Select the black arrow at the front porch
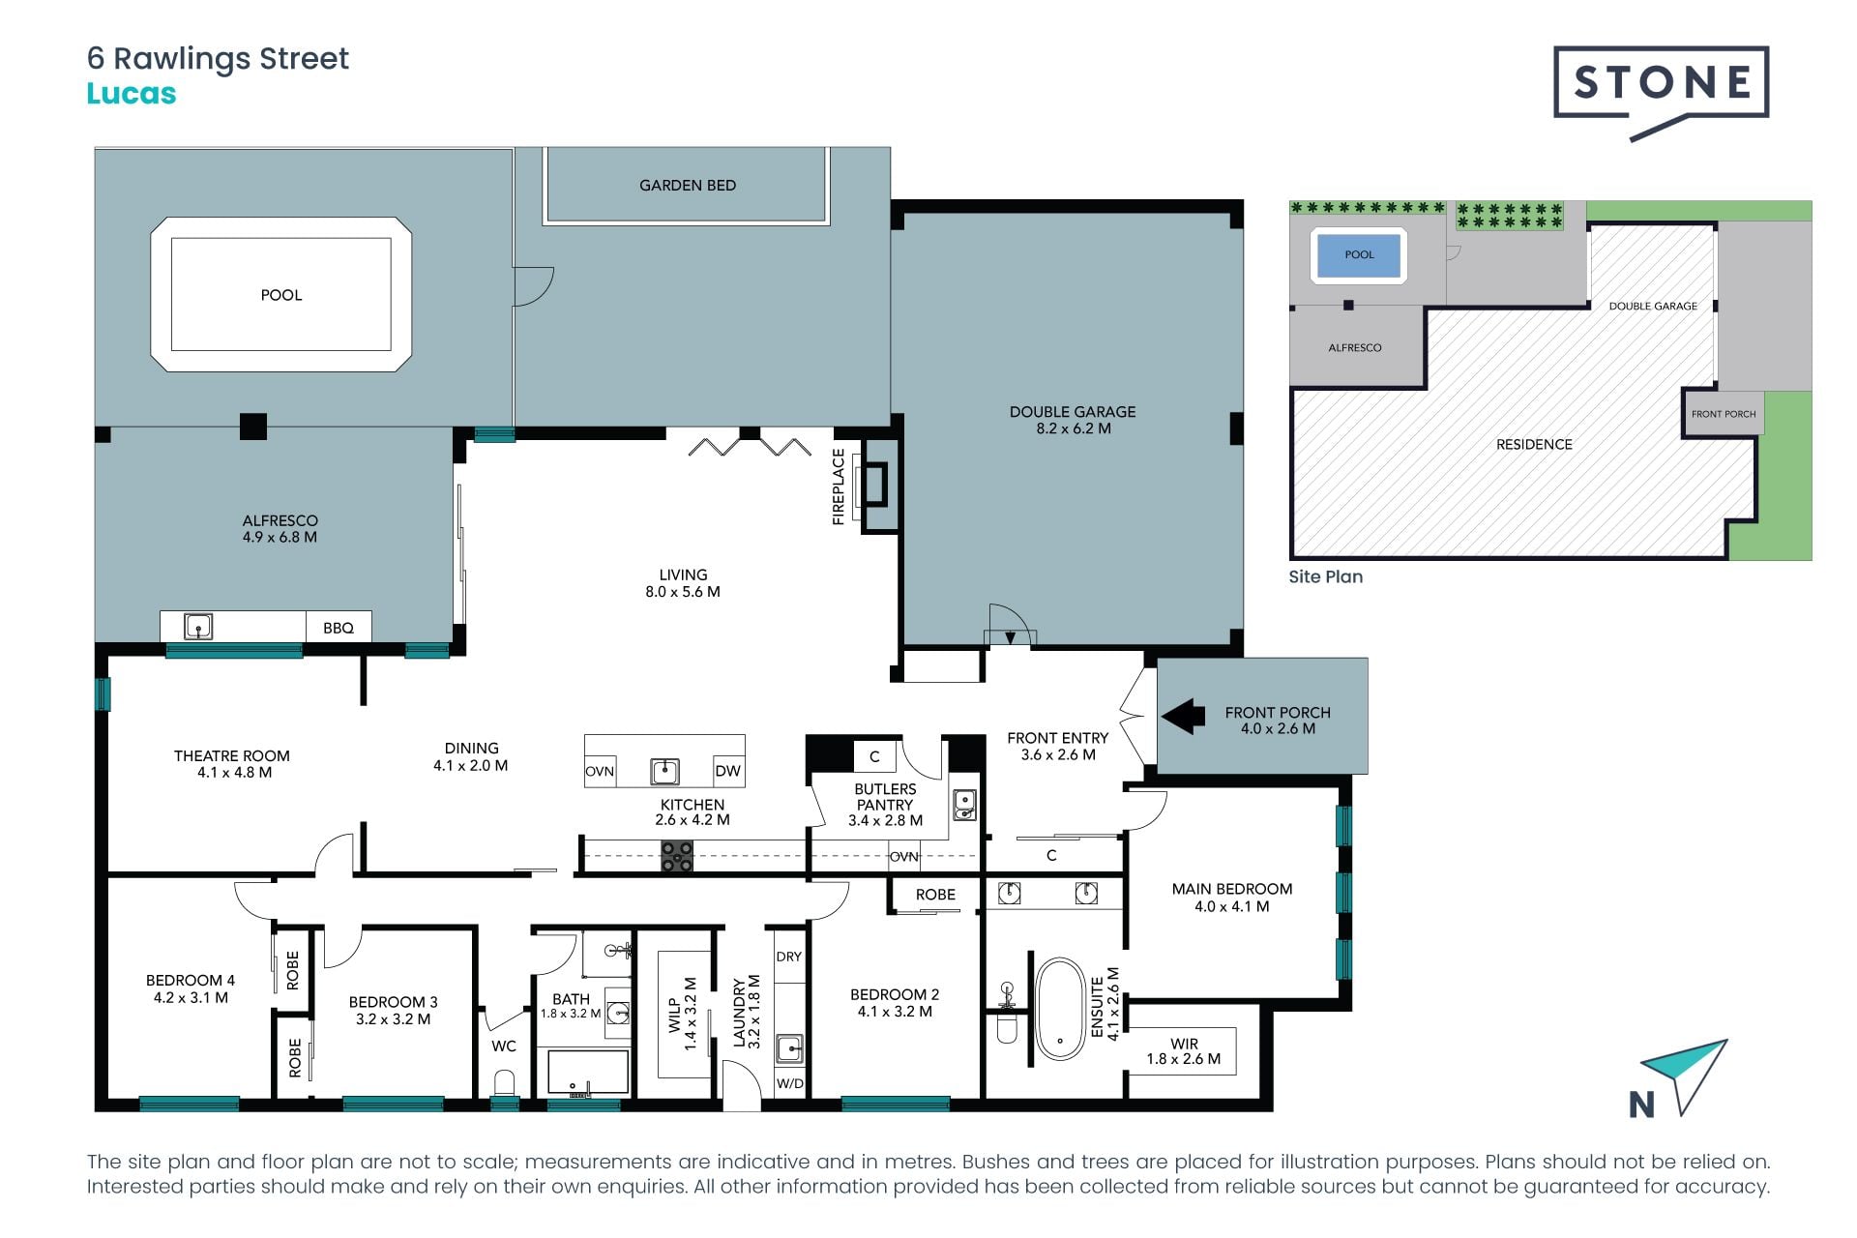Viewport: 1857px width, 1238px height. [x=1183, y=717]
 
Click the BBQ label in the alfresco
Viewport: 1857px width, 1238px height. [x=339, y=628]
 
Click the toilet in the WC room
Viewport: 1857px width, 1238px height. [x=504, y=1081]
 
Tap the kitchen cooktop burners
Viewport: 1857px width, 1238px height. [x=677, y=856]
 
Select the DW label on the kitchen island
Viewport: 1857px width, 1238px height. [x=727, y=771]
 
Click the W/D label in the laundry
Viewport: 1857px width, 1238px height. [x=790, y=1083]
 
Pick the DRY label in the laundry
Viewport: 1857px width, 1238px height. [x=789, y=957]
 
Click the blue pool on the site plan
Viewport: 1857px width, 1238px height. [x=1359, y=255]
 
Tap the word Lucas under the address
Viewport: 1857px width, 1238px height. [x=132, y=94]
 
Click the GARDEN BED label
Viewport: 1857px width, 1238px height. [x=688, y=185]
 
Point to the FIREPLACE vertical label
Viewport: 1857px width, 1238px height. [x=839, y=487]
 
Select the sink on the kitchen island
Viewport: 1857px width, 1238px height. [x=664, y=771]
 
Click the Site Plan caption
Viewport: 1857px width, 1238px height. [x=1326, y=576]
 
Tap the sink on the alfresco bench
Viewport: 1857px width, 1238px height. [x=198, y=627]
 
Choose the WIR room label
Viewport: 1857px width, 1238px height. [x=1184, y=1044]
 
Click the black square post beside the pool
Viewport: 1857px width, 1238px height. [x=253, y=427]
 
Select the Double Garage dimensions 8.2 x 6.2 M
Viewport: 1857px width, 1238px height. [x=1074, y=428]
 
